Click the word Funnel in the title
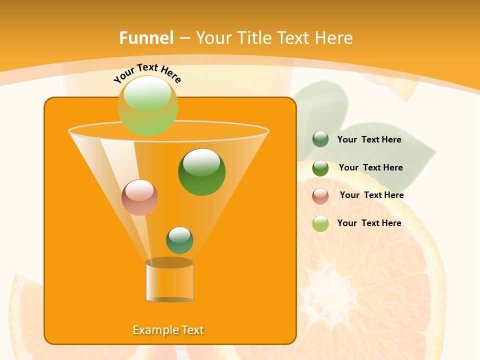(x=146, y=38)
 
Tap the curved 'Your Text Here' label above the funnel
(x=147, y=72)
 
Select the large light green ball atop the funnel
(x=147, y=106)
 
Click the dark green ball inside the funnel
(x=201, y=172)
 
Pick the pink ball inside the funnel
(x=139, y=197)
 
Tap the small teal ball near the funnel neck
(x=179, y=240)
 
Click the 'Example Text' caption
(x=168, y=330)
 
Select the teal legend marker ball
(x=320, y=139)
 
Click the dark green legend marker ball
(x=320, y=168)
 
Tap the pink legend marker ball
(x=320, y=195)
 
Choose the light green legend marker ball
(x=320, y=223)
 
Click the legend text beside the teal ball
(x=369, y=139)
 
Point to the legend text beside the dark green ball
(x=370, y=167)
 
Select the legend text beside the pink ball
(x=371, y=195)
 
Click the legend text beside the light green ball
(x=369, y=223)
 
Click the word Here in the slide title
(x=334, y=38)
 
